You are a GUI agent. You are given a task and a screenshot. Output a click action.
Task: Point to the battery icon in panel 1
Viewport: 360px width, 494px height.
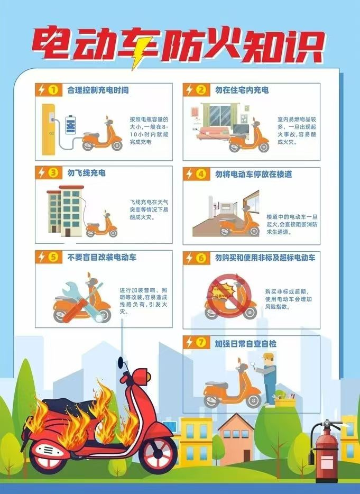(70, 126)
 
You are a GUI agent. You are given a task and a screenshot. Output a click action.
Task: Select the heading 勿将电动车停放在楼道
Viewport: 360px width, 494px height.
(253, 173)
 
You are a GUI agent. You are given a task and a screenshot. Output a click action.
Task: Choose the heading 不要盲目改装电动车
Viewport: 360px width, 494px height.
(102, 258)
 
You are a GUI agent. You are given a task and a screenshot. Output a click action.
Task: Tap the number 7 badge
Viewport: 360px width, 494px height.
(200, 343)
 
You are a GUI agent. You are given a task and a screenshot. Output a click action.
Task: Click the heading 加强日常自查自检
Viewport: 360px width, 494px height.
(245, 343)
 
